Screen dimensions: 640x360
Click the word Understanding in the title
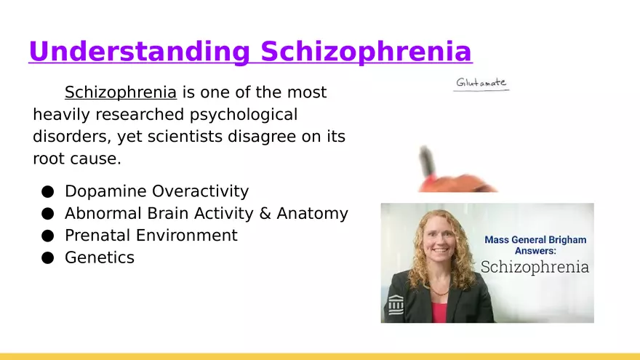tap(140, 52)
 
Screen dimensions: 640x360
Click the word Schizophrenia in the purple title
tap(366, 52)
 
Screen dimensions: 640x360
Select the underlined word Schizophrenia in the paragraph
tap(121, 92)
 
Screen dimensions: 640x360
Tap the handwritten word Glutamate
tap(481, 82)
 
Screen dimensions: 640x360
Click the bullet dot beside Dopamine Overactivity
tap(48, 191)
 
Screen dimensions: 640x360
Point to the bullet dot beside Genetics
tap(48, 258)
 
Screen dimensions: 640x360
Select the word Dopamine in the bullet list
tap(105, 191)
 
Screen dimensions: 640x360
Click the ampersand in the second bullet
tap(265, 214)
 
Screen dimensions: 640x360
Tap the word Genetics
tap(100, 257)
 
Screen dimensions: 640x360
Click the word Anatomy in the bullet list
tap(312, 214)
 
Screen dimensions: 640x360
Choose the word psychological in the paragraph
tap(244, 115)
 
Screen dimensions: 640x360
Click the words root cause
tap(77, 159)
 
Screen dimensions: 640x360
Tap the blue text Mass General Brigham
tap(535, 240)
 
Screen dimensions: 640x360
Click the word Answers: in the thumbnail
tap(535, 251)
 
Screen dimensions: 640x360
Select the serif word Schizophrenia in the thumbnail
tap(535, 267)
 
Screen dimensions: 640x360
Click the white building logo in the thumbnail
tap(396, 305)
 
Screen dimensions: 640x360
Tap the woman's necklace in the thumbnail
tap(439, 292)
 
